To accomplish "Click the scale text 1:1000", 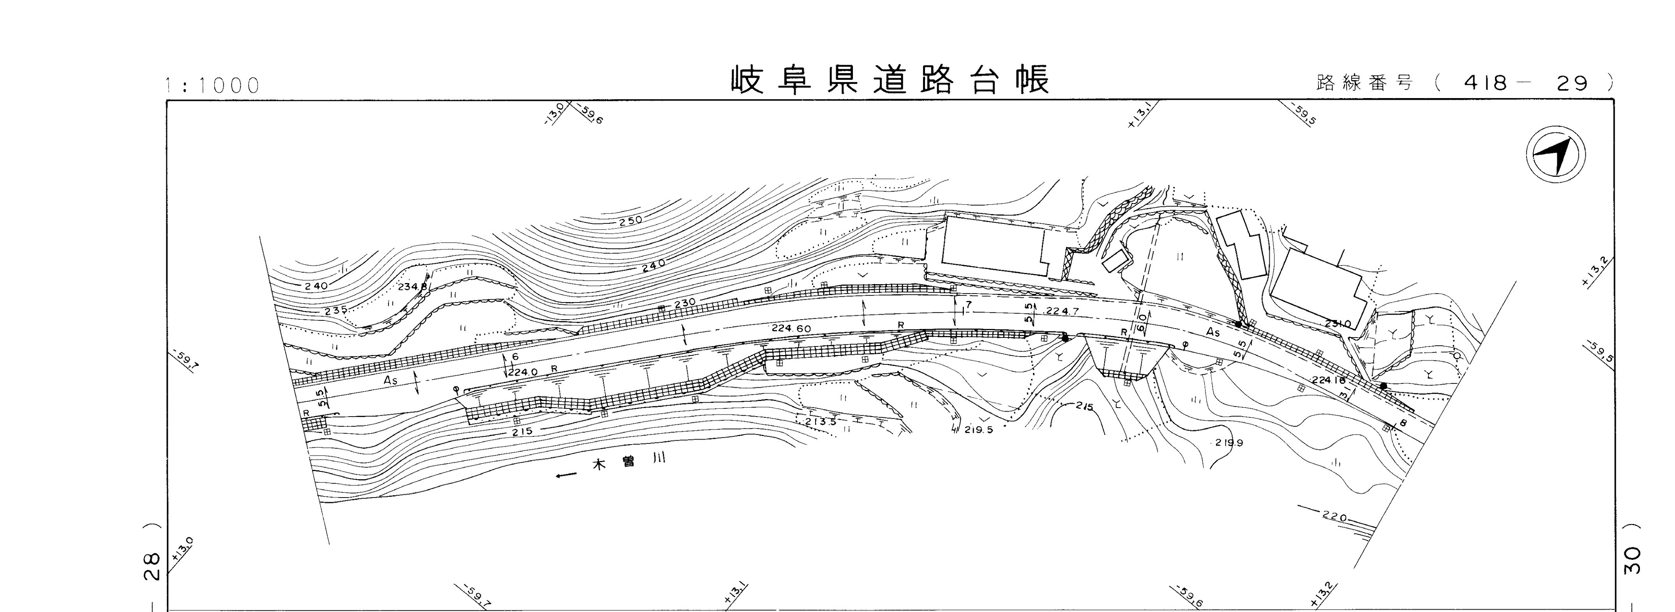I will coord(213,86).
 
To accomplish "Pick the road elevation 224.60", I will coord(791,329).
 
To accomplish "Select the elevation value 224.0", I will coord(523,372).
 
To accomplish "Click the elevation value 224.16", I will coord(1328,380).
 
